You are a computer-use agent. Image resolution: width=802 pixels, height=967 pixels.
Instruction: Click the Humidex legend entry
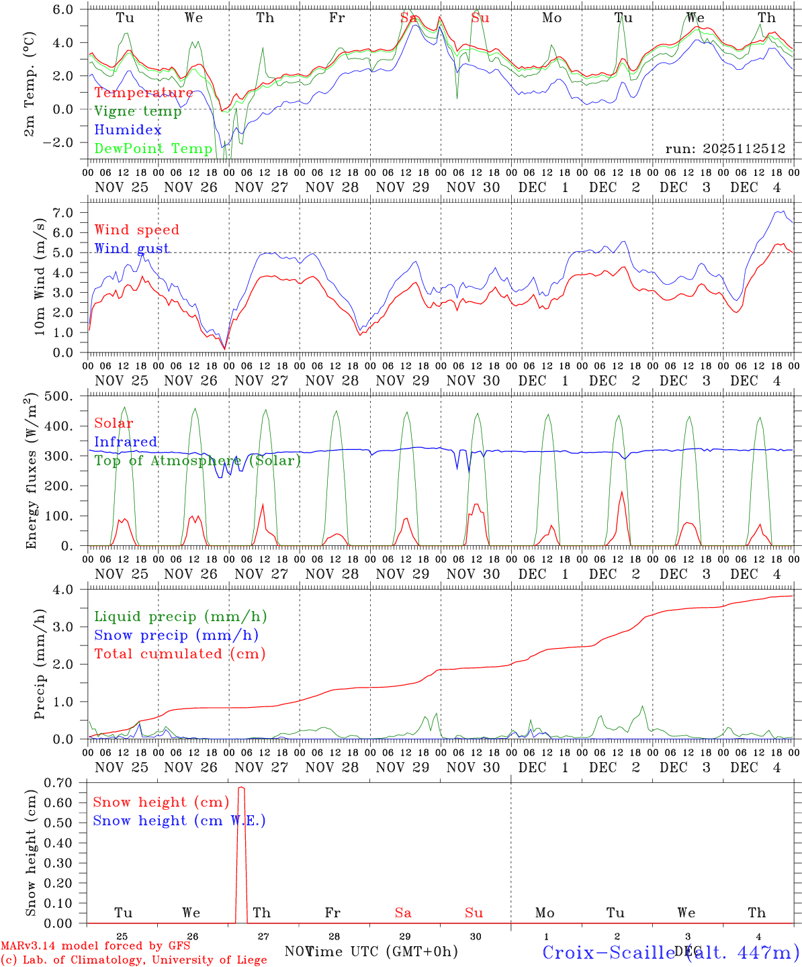click(x=128, y=130)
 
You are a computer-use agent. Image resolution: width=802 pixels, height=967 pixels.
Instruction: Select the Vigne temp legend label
click(x=138, y=111)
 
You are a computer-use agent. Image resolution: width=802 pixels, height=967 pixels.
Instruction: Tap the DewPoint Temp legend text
click(x=153, y=148)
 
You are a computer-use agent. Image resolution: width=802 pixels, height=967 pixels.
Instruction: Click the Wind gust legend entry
click(x=132, y=248)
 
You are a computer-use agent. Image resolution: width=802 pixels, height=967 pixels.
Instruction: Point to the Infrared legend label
click(x=126, y=442)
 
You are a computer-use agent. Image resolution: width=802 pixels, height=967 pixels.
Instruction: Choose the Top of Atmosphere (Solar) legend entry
click(x=197, y=461)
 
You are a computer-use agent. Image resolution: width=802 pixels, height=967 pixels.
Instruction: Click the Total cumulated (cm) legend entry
click(x=179, y=653)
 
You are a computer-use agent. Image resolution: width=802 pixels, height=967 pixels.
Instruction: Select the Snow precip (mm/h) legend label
click(x=176, y=635)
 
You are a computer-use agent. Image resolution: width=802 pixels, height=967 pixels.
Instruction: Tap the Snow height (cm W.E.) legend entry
click(x=179, y=821)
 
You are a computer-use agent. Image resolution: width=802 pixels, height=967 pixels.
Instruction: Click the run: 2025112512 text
click(x=725, y=148)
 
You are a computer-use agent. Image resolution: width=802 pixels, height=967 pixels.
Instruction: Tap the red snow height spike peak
click(x=242, y=788)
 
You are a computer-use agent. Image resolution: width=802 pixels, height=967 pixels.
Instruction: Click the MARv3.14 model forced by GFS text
click(x=95, y=946)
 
